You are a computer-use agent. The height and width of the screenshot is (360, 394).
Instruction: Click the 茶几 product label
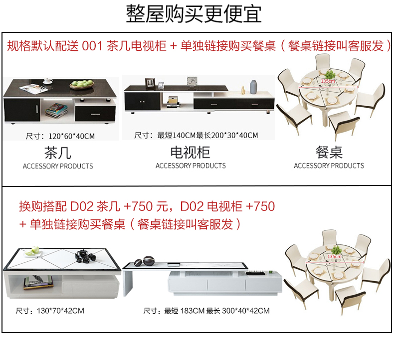pos(58,153)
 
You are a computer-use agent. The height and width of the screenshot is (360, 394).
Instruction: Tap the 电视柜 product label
pos(190,153)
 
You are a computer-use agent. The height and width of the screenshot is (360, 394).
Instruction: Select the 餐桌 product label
pos(329,153)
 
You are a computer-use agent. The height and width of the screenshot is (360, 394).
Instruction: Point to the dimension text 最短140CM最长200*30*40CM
pos(197,136)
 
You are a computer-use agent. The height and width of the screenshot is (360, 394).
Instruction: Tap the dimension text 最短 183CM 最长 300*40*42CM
pos(206,311)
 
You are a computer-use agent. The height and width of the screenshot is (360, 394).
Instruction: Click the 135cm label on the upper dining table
pos(328,81)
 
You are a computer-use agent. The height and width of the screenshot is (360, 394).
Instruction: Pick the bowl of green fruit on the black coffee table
pos(81,84)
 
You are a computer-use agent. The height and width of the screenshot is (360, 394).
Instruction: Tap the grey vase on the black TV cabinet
pos(254,86)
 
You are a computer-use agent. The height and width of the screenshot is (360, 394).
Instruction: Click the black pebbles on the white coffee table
pos(83,257)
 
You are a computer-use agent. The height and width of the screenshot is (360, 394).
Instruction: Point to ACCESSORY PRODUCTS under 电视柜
pos(191,166)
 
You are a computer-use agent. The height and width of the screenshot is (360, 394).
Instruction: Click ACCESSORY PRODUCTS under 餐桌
pos(329,166)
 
